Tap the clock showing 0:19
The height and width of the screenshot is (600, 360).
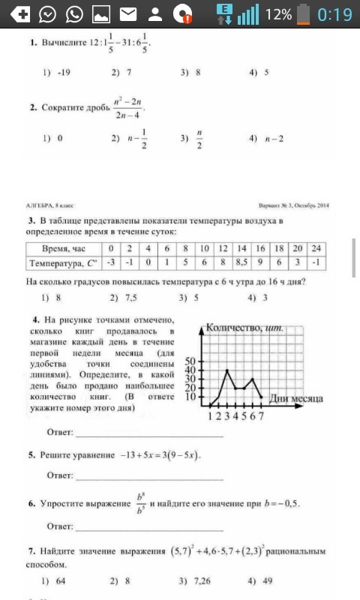(334, 15)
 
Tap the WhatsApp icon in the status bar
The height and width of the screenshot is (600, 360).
(74, 15)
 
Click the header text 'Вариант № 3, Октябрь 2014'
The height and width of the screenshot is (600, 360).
(294, 205)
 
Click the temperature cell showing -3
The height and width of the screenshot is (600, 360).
(109, 262)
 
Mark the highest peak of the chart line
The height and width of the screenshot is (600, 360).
(227, 370)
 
